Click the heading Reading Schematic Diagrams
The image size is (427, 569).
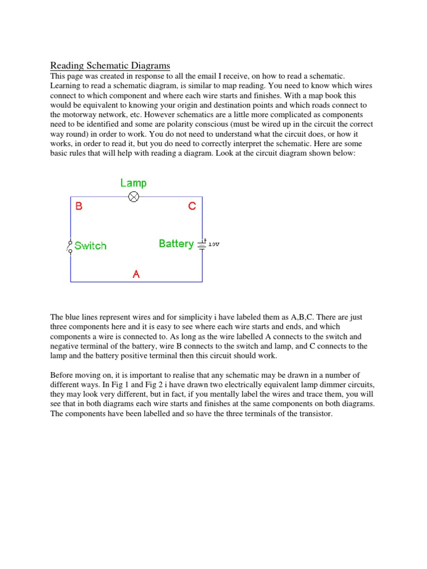coord(110,66)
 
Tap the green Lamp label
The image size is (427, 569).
coord(133,183)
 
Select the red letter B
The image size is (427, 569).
coord(79,206)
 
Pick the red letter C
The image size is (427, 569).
coord(192,206)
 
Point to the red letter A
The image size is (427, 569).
coord(136,274)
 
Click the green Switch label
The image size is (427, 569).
coord(90,246)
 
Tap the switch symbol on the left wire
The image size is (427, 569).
coord(70,246)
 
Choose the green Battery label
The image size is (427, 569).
coord(176,243)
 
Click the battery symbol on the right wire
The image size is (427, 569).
coord(202,244)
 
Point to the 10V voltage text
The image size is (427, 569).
coord(213,244)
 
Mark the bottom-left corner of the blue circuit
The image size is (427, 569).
coord(71,282)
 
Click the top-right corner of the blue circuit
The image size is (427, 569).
coord(202,197)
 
